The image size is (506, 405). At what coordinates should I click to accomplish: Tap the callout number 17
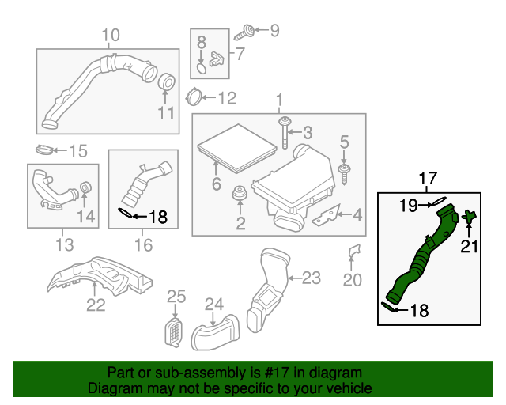427,178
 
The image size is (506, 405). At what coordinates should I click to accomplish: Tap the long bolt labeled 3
282,132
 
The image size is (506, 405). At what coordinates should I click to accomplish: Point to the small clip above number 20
354,252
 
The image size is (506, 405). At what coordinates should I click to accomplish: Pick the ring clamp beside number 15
47,150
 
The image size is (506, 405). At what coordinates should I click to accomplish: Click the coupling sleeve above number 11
166,81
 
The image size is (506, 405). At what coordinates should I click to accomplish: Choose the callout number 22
96,305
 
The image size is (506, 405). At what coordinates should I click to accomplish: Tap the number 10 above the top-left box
111,35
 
